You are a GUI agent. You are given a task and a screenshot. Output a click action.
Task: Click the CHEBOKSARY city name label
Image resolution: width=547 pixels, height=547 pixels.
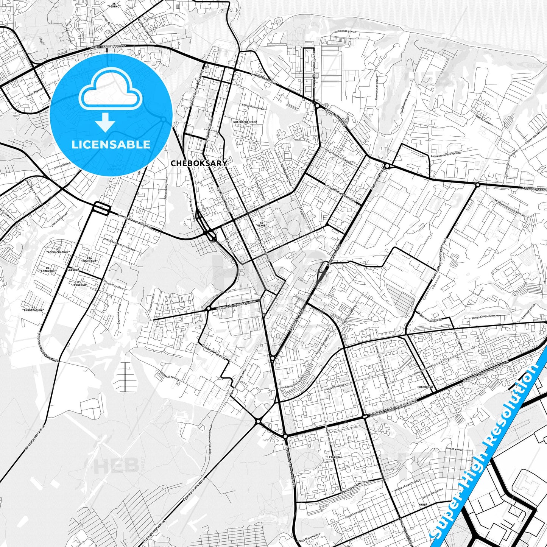pos(199,163)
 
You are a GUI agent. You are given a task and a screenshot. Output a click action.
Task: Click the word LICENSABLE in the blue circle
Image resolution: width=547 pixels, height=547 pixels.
pos(111,144)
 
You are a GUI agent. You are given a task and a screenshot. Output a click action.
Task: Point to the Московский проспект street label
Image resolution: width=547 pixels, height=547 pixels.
pos(108,47)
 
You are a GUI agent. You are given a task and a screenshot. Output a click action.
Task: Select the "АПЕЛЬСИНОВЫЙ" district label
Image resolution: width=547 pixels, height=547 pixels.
pos(58,251)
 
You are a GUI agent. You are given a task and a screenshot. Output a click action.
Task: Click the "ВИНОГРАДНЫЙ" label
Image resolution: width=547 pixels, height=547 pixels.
pos(33,309)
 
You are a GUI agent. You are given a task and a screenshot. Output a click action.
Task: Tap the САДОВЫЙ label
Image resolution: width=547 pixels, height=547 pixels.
pos(73,270)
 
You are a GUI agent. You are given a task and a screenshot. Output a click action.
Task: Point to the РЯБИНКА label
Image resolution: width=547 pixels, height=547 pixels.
pos(335,457)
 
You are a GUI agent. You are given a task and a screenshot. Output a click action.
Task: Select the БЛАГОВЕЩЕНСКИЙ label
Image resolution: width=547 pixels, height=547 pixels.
pos(245,122)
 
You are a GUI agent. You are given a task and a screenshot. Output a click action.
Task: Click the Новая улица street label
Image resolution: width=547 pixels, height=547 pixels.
pos(454,449)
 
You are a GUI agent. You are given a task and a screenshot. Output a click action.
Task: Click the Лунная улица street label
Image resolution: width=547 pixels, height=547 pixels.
pos(151,303)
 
